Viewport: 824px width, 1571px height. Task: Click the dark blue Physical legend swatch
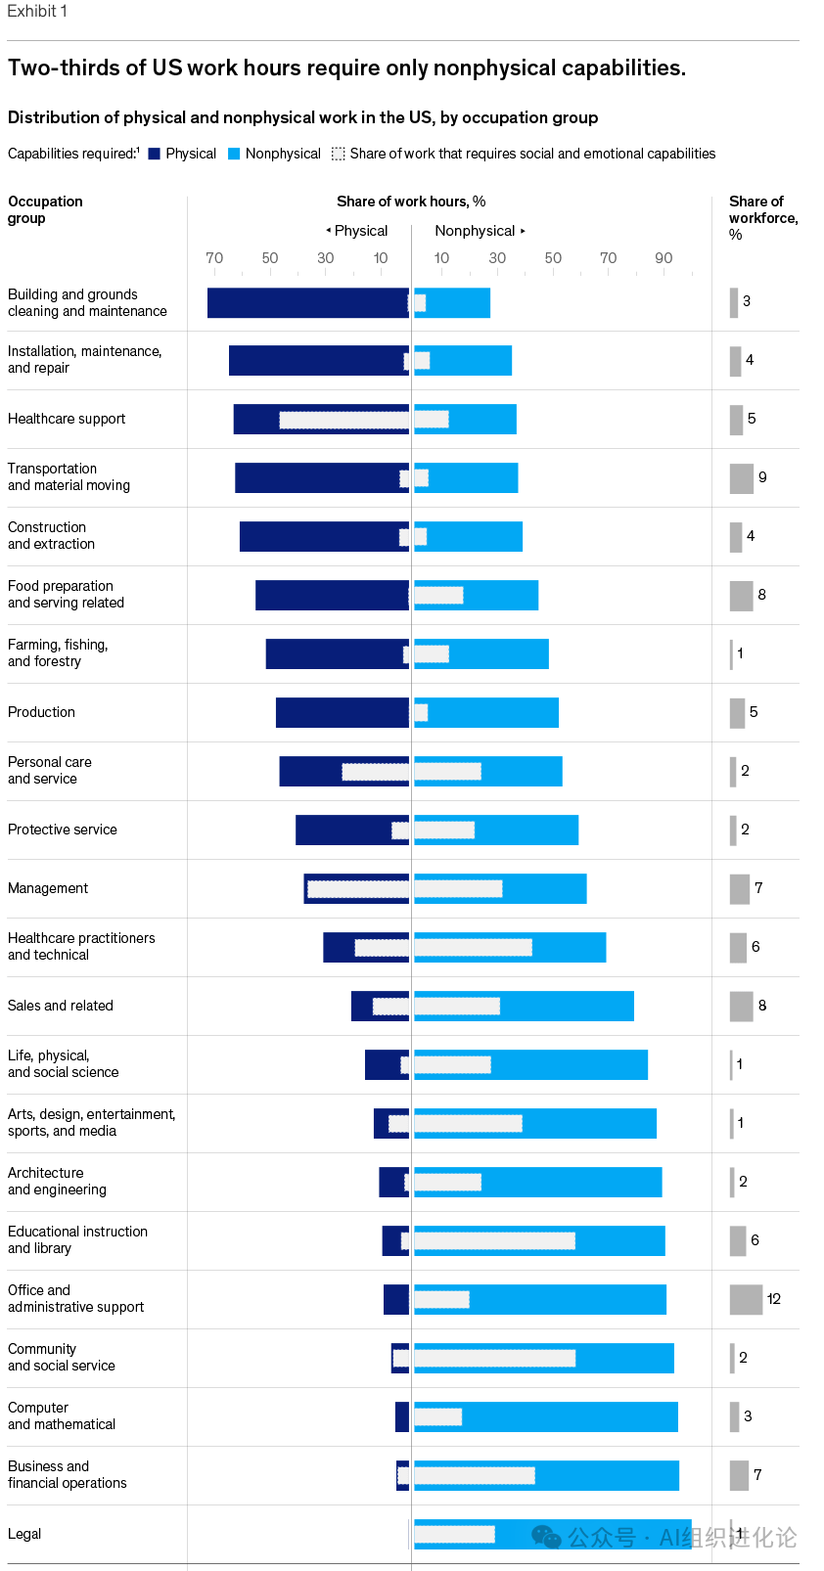click(154, 154)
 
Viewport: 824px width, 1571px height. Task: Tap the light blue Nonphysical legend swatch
click(234, 154)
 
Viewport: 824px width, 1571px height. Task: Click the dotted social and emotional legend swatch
click(338, 154)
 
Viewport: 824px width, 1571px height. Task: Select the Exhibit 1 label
click(37, 11)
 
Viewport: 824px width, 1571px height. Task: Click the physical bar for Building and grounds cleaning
click(307, 302)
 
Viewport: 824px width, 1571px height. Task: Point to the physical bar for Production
click(342, 712)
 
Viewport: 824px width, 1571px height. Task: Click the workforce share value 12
click(774, 1299)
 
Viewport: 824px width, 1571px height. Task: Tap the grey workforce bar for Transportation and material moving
click(742, 478)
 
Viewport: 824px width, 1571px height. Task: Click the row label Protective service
click(63, 830)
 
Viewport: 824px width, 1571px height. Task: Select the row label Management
click(48, 888)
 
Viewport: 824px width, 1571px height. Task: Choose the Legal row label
click(24, 1534)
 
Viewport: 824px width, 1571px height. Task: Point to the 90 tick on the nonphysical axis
click(664, 258)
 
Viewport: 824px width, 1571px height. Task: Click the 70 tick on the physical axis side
click(214, 258)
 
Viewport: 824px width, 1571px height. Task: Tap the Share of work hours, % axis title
click(411, 202)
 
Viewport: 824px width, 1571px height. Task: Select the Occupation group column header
click(45, 209)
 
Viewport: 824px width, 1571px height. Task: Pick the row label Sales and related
click(61, 1006)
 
